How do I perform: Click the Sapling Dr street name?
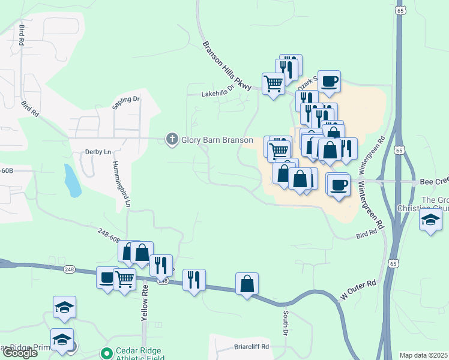125,103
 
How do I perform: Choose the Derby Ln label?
98,152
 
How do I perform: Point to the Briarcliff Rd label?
252,347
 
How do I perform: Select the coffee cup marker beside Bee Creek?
339,184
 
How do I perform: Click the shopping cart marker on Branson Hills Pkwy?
273,83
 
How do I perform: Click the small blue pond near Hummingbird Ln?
73,181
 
